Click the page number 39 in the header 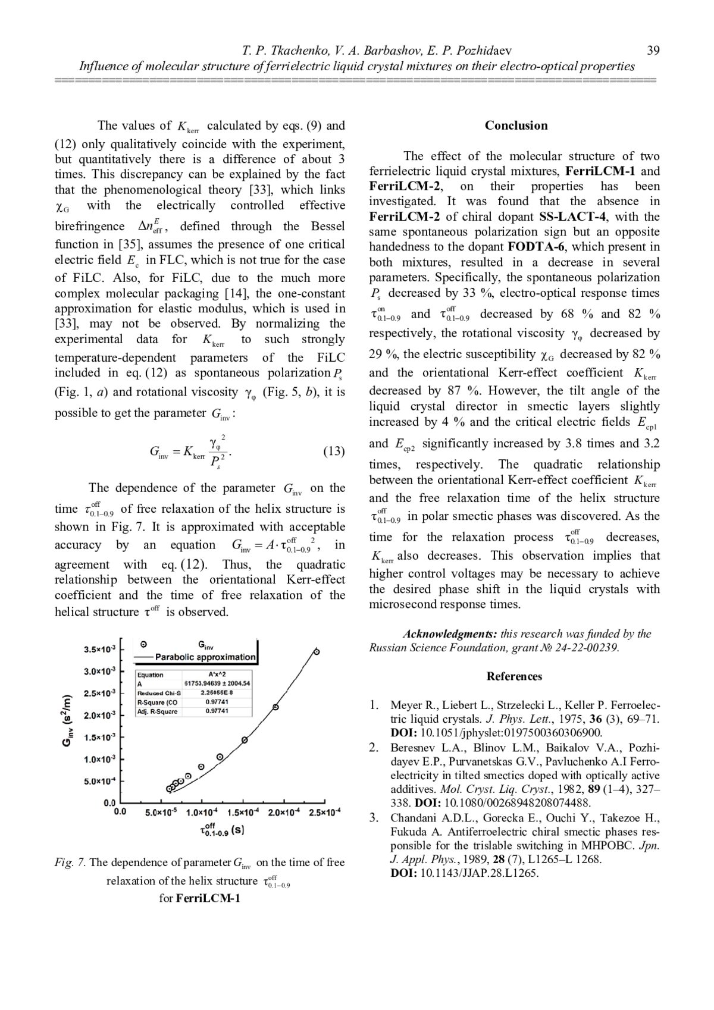point(653,51)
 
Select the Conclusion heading point(516,126)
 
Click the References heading point(514,676)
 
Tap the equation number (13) point(334,451)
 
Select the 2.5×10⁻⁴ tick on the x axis point(324,812)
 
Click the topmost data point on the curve point(317,652)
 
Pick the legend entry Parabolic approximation point(205,657)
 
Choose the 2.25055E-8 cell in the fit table point(216,692)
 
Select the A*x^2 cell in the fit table point(216,675)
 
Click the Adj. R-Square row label point(158,711)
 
